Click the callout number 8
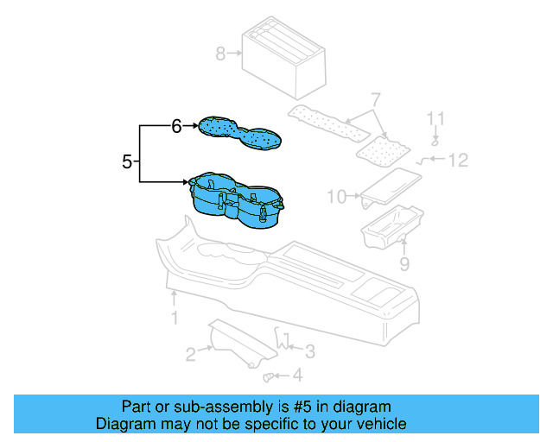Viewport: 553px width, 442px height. point(220,54)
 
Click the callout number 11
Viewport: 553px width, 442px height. point(437,117)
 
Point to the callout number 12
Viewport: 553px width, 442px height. point(458,160)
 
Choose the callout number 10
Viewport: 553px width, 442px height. point(336,198)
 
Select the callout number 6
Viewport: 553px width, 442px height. point(175,127)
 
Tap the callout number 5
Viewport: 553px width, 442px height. point(127,161)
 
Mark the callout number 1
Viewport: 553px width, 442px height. point(174,319)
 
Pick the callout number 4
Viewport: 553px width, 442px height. point(297,376)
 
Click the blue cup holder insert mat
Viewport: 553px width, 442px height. point(239,133)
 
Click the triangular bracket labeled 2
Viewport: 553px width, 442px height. point(235,344)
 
